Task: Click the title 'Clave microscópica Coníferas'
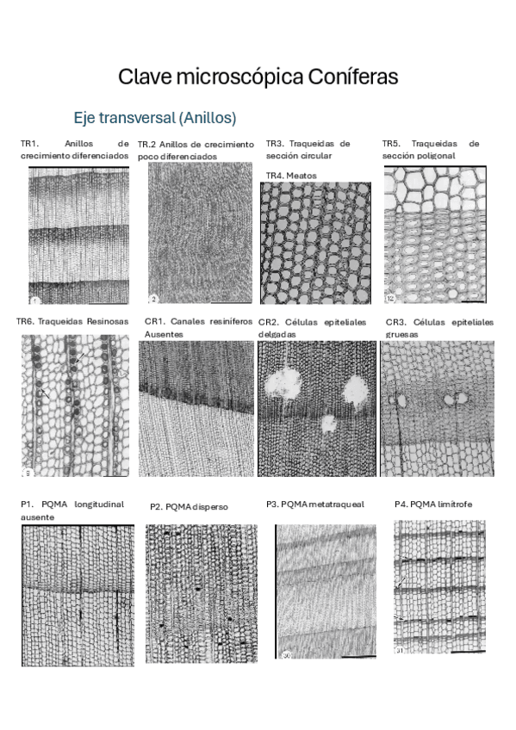(x=258, y=77)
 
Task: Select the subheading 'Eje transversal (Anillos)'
(x=154, y=117)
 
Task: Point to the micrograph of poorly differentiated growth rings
(x=196, y=233)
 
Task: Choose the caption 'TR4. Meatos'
(x=291, y=175)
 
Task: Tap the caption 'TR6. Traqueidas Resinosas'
(x=71, y=321)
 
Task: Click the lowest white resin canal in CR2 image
(x=327, y=423)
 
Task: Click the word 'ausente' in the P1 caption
(x=37, y=517)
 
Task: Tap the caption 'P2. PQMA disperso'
(x=189, y=507)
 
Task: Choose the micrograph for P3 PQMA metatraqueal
(x=326, y=593)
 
